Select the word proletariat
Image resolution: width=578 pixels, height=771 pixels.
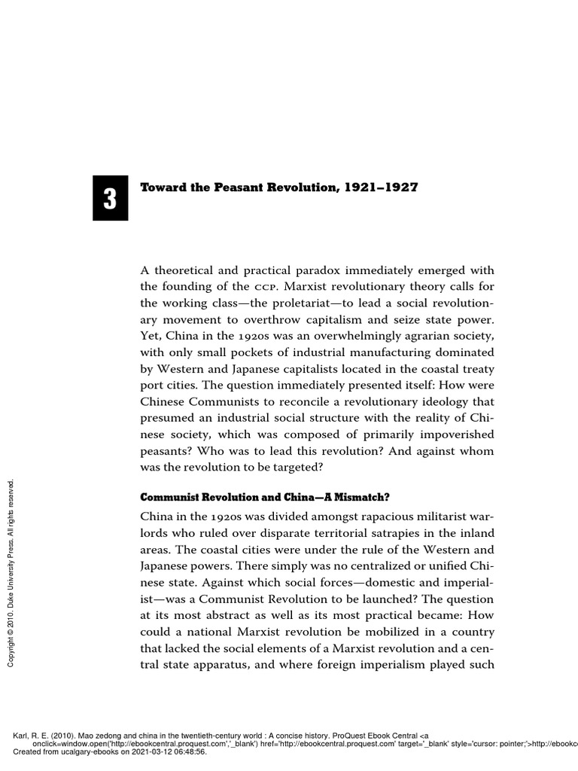(x=278, y=303)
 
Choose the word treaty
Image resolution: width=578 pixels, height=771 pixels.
(x=477, y=369)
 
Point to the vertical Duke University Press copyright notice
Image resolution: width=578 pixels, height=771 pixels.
(x=11, y=571)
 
